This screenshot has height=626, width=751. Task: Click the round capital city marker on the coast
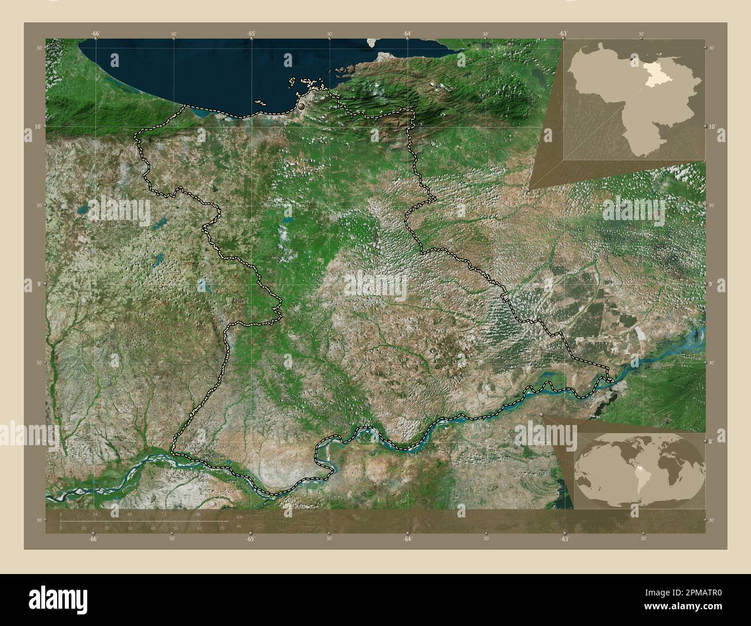pos(302,106)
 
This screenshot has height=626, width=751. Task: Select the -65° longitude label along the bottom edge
pos(250,539)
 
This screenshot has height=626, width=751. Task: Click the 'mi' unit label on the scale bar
pos(239,527)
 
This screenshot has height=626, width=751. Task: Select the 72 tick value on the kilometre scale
pos(164,514)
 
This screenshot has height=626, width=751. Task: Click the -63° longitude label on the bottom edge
pos(564,539)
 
